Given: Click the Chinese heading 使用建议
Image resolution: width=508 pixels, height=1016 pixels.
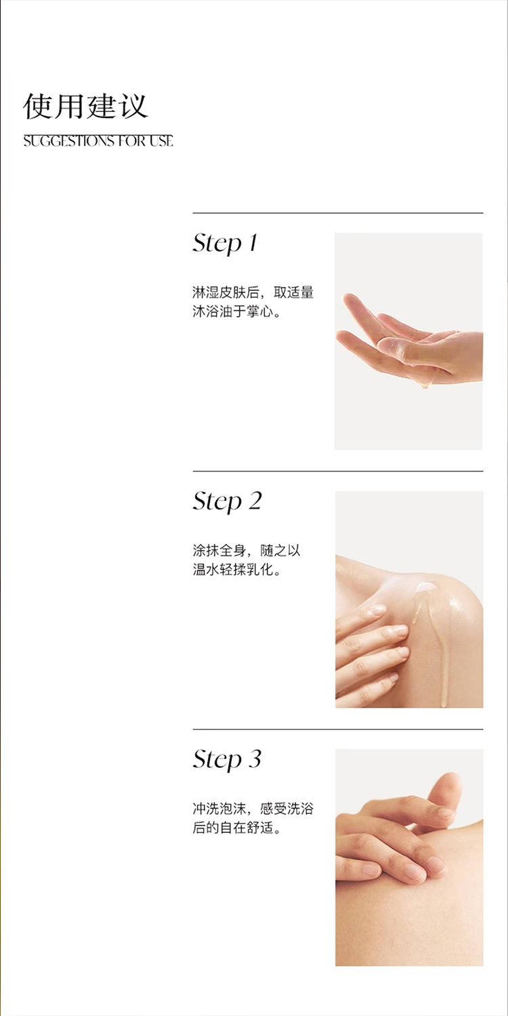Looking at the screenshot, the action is (x=85, y=107).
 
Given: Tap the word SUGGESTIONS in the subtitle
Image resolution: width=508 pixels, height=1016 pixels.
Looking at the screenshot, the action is (x=70, y=141).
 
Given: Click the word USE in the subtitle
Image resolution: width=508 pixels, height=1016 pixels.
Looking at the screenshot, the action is (x=161, y=141).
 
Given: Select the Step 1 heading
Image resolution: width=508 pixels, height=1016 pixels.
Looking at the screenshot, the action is (x=226, y=244).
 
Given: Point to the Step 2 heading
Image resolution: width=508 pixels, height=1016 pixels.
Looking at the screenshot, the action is (x=228, y=502).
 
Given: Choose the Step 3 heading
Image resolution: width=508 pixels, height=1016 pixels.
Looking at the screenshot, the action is (x=228, y=760).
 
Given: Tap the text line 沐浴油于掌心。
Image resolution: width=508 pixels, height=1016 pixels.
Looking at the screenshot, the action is (x=237, y=312).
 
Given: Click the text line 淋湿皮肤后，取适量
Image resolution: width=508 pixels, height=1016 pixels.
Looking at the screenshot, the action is (x=253, y=292).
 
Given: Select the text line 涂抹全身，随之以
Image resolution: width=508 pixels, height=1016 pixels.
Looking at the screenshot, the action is (x=247, y=551).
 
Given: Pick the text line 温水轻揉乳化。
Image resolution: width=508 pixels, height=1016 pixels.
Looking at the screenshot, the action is (x=237, y=570).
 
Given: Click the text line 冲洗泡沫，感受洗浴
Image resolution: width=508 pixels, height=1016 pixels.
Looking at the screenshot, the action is (x=253, y=808).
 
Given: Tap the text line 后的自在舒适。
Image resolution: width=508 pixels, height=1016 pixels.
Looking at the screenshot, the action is (x=237, y=828).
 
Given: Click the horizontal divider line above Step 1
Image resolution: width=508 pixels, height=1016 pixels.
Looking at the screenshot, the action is (x=338, y=213).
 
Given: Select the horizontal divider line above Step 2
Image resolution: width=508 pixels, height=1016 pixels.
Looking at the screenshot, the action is (x=338, y=471).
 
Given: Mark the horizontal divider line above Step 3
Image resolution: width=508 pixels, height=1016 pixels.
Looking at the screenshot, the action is (x=338, y=729).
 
